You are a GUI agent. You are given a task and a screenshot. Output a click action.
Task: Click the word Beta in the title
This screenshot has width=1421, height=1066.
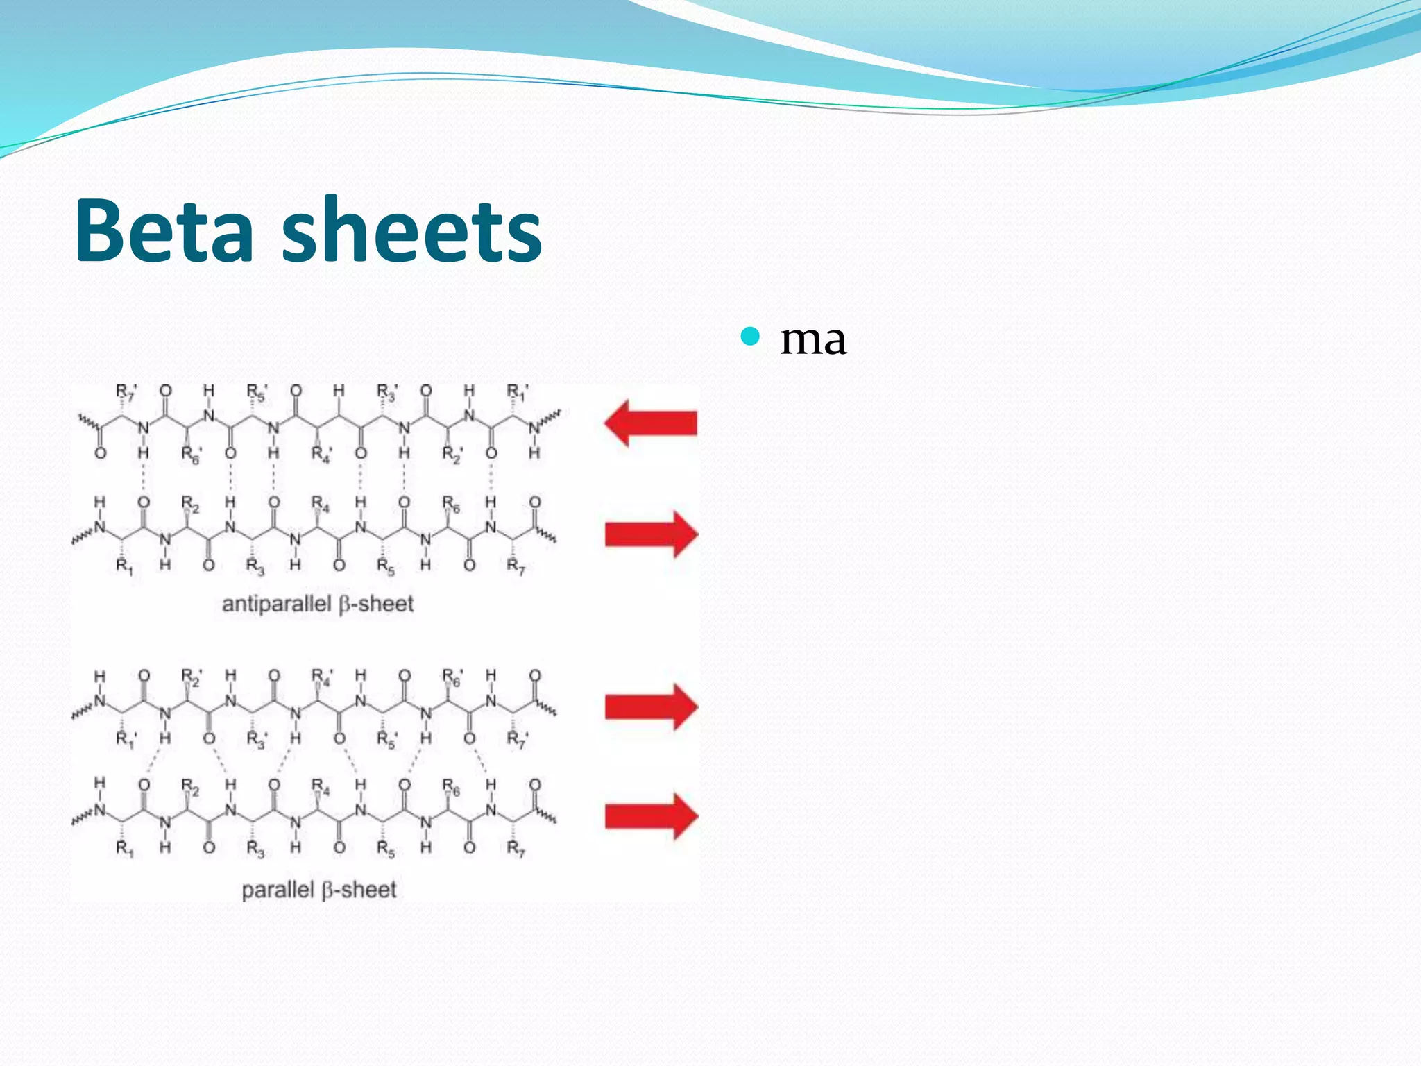pyautogui.click(x=164, y=230)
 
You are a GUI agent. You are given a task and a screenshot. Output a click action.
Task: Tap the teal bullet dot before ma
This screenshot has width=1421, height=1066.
pyautogui.click(x=750, y=337)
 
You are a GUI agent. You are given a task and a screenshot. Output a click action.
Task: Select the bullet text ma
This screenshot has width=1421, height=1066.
pyautogui.click(x=812, y=340)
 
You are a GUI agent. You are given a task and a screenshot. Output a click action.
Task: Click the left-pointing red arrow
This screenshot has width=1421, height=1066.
pyautogui.click(x=650, y=423)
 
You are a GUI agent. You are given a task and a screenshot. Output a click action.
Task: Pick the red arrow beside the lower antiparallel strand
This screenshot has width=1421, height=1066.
pyautogui.click(x=651, y=534)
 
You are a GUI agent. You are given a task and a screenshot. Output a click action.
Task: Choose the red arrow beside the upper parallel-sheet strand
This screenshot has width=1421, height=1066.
pyautogui.click(x=651, y=707)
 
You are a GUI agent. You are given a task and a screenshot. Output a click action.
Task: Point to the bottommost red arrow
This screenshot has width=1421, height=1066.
pyautogui.click(x=651, y=816)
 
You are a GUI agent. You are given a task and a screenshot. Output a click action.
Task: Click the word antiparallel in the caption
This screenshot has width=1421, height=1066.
pyautogui.click(x=277, y=604)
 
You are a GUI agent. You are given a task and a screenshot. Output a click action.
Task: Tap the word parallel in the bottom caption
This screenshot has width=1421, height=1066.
pyautogui.click(x=278, y=890)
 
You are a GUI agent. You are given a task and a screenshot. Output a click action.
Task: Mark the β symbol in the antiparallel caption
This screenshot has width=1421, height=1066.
pyautogui.click(x=346, y=604)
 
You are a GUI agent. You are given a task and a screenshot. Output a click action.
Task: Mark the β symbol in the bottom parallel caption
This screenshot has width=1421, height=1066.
pyautogui.click(x=327, y=890)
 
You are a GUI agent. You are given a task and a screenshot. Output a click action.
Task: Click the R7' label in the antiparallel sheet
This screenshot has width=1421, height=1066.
pyautogui.click(x=126, y=393)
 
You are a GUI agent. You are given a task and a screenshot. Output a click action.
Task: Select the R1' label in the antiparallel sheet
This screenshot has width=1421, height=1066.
pyautogui.click(x=517, y=393)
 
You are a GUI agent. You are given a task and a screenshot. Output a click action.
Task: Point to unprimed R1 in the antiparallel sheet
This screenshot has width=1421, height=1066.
pyautogui.click(x=124, y=567)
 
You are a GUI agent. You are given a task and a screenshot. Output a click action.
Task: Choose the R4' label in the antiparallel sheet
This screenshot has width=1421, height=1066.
pyautogui.click(x=321, y=455)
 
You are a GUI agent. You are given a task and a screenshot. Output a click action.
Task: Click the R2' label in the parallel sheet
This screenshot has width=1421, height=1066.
pyautogui.click(x=192, y=677)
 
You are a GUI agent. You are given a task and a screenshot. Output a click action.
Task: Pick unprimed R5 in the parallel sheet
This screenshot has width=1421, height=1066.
pyautogui.click(x=386, y=849)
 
